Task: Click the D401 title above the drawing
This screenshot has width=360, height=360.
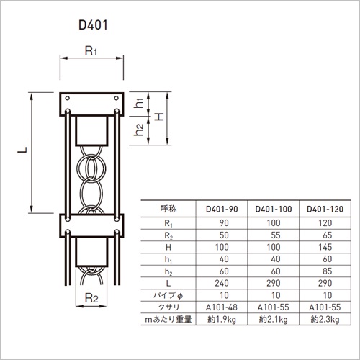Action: [93, 25]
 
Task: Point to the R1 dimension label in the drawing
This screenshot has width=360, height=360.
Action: [91, 51]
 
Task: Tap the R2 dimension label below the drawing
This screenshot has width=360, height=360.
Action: [91, 298]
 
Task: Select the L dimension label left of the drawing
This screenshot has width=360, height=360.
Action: [22, 150]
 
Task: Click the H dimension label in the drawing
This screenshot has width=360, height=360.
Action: [158, 117]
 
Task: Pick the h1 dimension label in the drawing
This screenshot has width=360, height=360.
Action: [139, 103]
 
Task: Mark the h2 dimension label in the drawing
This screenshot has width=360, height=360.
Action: [139, 130]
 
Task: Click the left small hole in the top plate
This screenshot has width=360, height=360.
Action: [68, 98]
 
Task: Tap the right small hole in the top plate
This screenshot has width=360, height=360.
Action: [117, 98]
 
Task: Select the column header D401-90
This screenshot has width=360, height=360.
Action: [222, 210]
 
